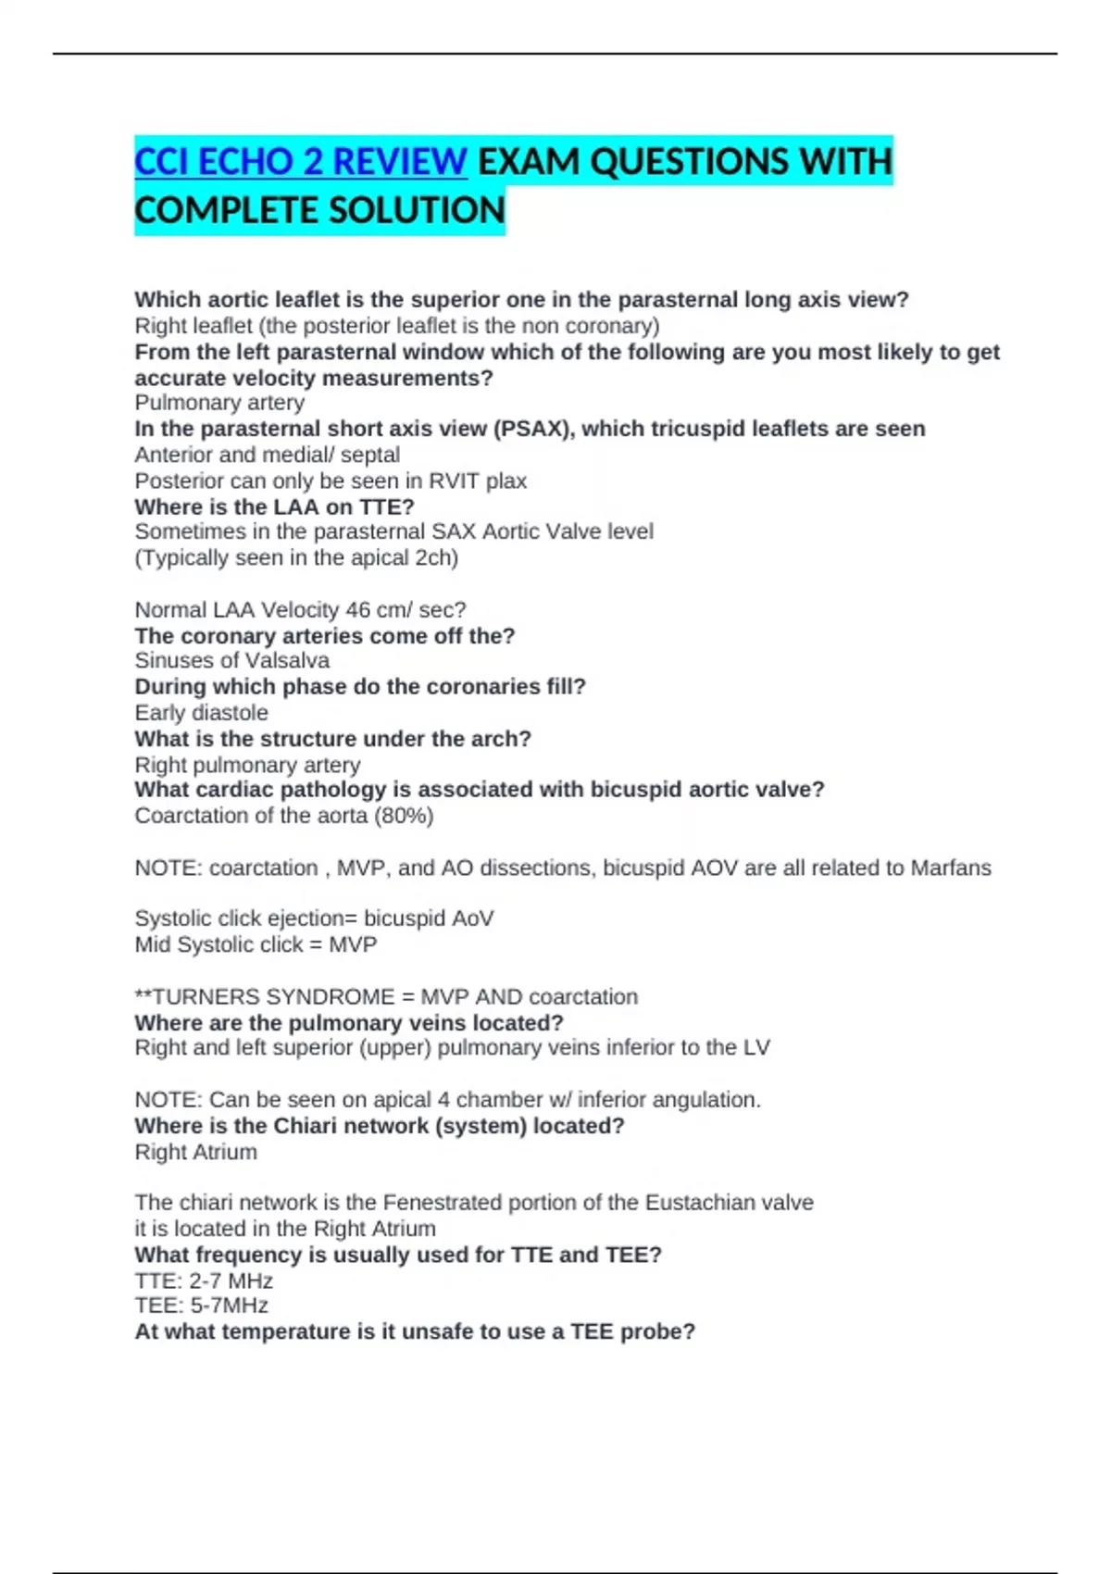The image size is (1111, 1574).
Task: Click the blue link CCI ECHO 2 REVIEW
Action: [x=300, y=162]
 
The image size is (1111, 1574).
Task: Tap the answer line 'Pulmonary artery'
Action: [x=219, y=403]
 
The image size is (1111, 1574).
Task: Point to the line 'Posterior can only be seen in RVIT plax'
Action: [x=331, y=481]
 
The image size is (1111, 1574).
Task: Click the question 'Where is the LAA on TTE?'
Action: [x=274, y=506]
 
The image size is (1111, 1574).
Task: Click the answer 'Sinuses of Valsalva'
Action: [x=231, y=660]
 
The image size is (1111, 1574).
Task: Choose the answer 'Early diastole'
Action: [x=201, y=712]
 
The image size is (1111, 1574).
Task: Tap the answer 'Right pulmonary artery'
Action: [x=247, y=765]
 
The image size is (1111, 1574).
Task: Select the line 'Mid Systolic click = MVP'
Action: [x=256, y=944]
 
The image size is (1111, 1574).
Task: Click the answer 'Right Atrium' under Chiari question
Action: [x=195, y=1152]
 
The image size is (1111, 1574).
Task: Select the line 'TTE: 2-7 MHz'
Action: [x=204, y=1280]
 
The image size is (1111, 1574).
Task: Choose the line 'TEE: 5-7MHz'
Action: [x=201, y=1305]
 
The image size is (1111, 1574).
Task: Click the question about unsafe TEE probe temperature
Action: [x=415, y=1331]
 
